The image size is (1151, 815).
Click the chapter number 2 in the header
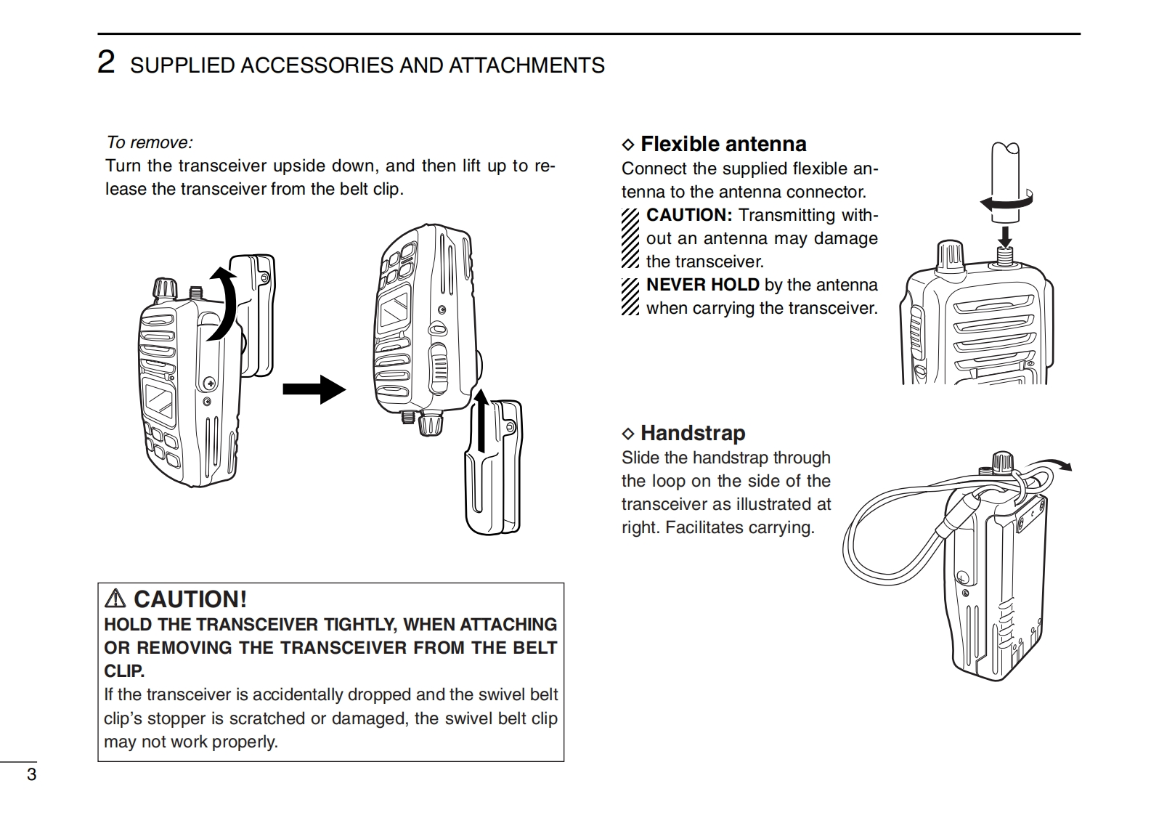point(106,62)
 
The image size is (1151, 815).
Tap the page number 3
point(31,774)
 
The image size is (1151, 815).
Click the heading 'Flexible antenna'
point(723,144)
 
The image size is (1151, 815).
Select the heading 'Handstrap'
point(693,433)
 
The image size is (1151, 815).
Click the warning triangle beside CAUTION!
point(115,599)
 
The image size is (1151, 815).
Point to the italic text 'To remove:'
point(150,142)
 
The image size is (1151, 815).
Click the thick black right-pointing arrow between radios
point(313,389)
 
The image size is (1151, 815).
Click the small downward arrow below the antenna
point(1005,236)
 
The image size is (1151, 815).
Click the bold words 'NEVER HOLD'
point(702,285)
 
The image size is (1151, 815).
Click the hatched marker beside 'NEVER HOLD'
point(630,296)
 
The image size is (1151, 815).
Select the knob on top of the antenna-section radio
point(951,256)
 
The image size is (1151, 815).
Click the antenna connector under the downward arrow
point(1005,256)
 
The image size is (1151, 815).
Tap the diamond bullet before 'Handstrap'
point(628,434)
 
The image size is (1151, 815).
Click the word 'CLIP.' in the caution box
point(124,671)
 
